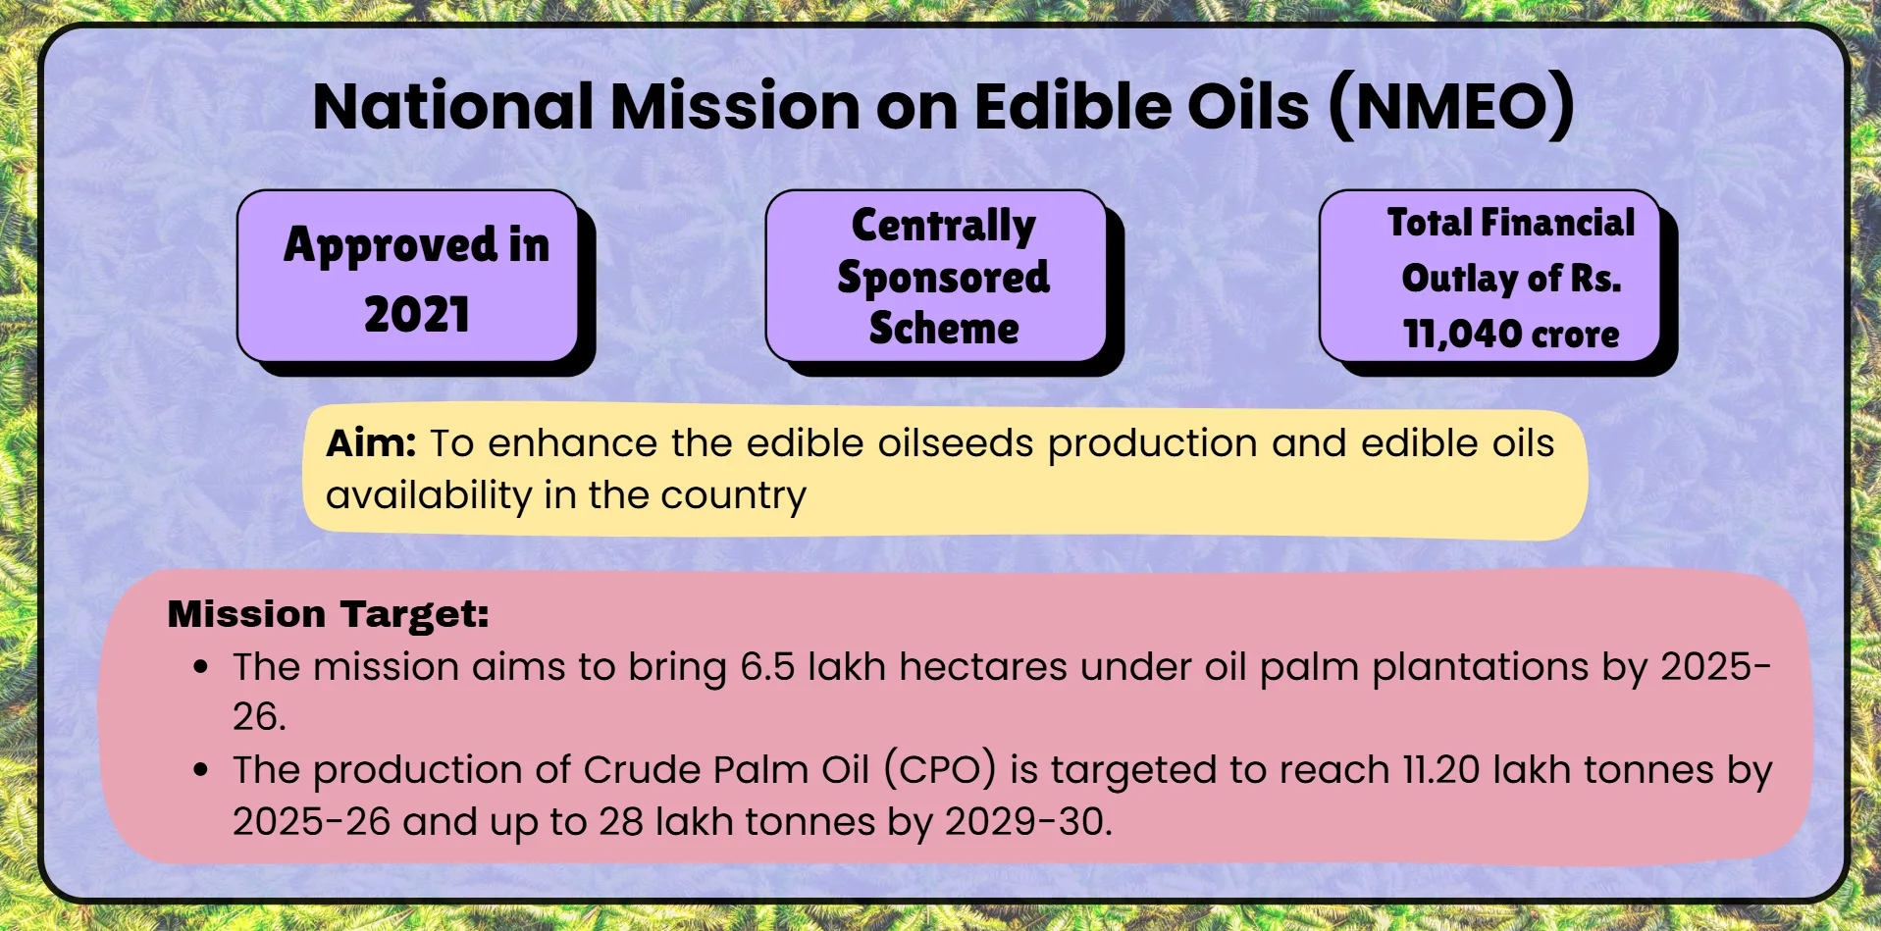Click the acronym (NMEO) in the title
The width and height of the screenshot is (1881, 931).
pyautogui.click(x=1451, y=107)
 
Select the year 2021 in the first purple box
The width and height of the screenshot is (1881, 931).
pyautogui.click(x=417, y=315)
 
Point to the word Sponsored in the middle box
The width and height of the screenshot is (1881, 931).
pyautogui.click(x=944, y=278)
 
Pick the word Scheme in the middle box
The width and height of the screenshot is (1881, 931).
pyautogui.click(x=944, y=328)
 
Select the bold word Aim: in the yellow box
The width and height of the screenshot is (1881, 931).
pyautogui.click(x=372, y=443)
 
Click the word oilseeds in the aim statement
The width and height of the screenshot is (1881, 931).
pyautogui.click(x=955, y=443)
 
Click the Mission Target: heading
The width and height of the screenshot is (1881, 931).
pyautogui.click(x=329, y=614)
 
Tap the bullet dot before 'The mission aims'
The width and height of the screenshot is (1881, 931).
pyautogui.click(x=201, y=667)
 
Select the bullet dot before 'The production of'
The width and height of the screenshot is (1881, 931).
pyautogui.click(x=201, y=770)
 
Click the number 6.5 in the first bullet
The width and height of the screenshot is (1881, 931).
pyautogui.click(x=767, y=667)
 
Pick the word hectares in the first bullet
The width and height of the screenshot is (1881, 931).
pyautogui.click(x=983, y=667)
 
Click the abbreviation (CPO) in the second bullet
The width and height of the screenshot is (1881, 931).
pyautogui.click(x=940, y=770)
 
